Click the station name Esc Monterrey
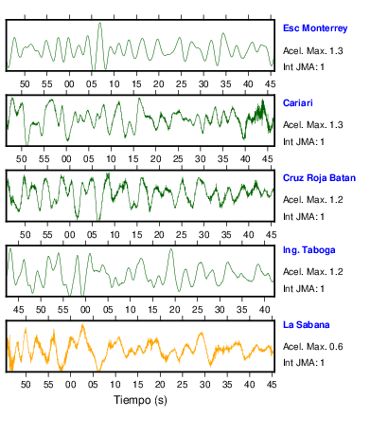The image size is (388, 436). tap(315, 28)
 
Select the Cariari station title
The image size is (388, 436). tap(298, 103)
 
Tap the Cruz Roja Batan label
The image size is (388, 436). tap(319, 178)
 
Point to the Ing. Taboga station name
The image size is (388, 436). tap(309, 250)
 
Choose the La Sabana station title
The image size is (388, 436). tap(307, 325)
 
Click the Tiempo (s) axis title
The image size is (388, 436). tap(140, 400)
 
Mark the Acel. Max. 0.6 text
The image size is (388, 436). tap(312, 347)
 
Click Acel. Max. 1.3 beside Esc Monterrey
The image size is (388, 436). tap(312, 51)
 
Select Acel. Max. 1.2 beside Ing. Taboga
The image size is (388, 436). tap(312, 272)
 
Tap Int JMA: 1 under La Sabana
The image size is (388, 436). tap(304, 362)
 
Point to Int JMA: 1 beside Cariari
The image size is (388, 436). tap(304, 142)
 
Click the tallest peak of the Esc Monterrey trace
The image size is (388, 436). tap(100, 23)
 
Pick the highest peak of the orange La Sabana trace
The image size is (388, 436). tap(82, 325)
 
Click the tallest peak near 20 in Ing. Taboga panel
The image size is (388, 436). tap(171, 249)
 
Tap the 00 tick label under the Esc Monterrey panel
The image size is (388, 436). tap(69, 84)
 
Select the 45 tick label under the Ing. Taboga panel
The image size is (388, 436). tap(18, 310)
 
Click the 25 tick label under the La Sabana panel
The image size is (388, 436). tap(183, 385)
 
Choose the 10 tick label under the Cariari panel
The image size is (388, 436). tap(111, 159)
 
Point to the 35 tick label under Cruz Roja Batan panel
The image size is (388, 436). tap(226, 235)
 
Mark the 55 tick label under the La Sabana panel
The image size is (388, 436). tap(48, 385)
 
